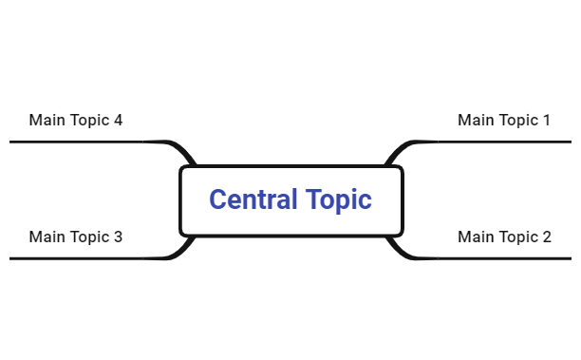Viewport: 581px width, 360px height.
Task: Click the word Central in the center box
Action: click(250, 200)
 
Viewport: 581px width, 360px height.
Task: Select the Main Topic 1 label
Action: click(503, 121)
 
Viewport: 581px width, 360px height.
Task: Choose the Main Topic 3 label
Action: click(75, 237)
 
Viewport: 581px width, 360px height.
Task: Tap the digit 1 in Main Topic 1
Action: click(546, 121)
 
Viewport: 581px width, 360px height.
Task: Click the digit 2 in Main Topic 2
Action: click(546, 237)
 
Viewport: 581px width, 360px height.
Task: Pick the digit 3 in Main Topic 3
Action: click(118, 237)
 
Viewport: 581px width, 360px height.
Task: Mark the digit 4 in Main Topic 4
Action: click(118, 121)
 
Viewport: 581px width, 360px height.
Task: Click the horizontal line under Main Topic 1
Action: click(503, 142)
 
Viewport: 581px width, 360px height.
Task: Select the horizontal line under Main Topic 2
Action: click(503, 257)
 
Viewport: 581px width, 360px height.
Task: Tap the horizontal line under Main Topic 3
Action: click(76, 257)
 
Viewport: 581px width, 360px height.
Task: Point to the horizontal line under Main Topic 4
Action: click(76, 142)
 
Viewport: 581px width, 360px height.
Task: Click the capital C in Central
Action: click(217, 200)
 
